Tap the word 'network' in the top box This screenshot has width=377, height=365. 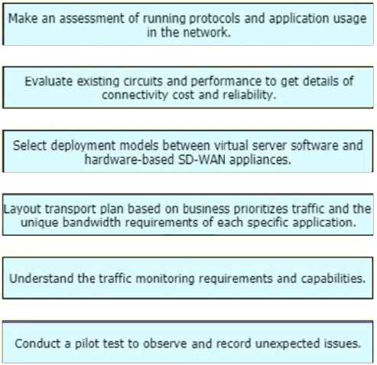point(206,33)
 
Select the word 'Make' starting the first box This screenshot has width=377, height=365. point(23,18)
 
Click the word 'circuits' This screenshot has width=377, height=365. point(143,82)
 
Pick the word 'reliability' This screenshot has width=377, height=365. point(249,95)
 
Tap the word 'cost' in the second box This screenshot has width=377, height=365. point(184,95)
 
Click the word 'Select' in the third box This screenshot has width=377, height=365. point(30,146)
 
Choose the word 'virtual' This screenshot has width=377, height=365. point(231,146)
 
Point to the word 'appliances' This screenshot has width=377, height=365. point(260,160)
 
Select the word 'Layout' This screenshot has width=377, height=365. point(22,209)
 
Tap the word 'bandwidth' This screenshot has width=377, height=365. point(92,222)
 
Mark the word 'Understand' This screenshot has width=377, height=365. point(41,278)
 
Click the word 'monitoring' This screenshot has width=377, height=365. point(165,279)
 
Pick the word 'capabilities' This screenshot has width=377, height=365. point(333,279)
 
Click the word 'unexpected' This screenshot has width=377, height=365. point(288,344)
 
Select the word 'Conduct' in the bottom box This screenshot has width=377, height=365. point(37,344)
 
